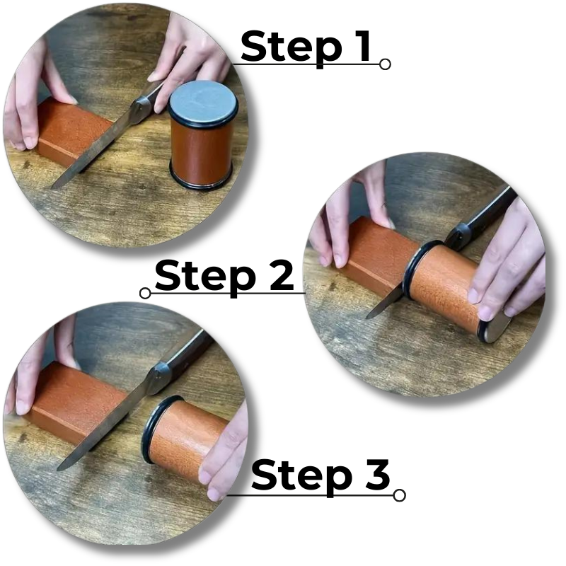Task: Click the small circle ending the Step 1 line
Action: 385,64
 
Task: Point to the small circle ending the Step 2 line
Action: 146,293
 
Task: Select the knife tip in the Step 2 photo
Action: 370,316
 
